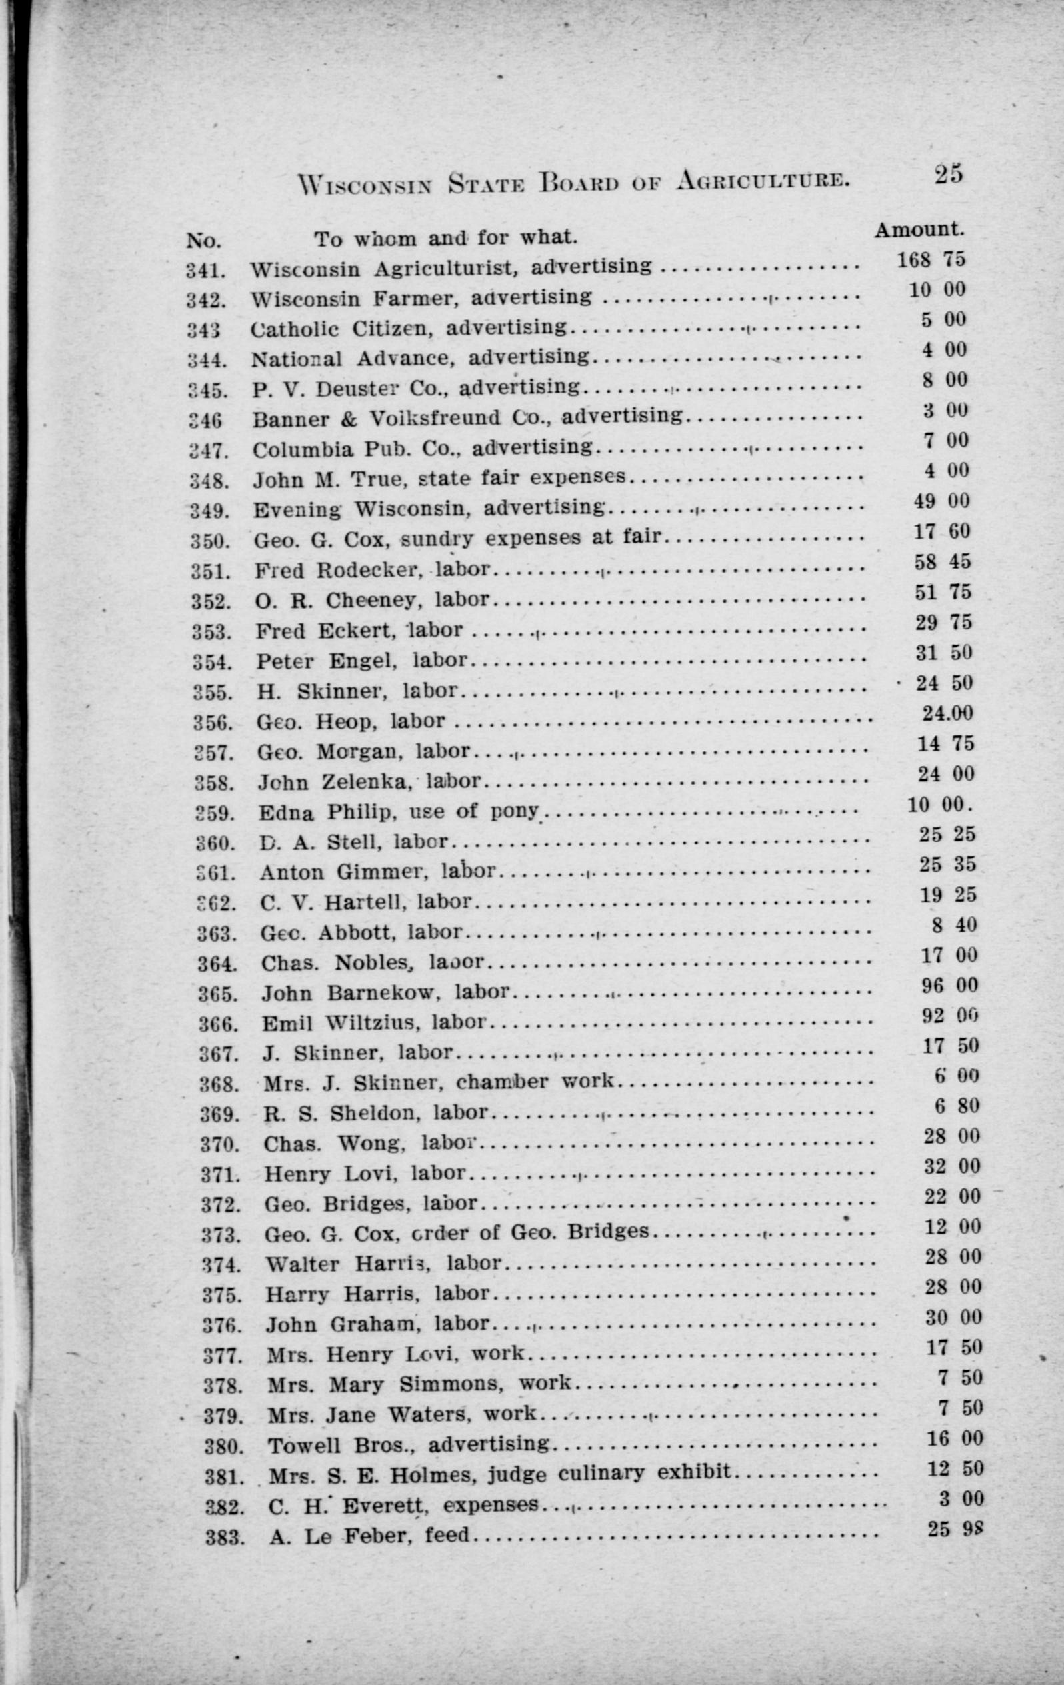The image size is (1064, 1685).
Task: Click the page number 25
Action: tap(948, 173)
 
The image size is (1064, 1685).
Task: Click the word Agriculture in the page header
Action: tap(764, 182)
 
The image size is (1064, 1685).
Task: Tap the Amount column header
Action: tap(919, 229)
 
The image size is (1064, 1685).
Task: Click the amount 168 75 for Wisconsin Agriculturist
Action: tap(931, 259)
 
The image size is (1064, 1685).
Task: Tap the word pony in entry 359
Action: tap(515, 811)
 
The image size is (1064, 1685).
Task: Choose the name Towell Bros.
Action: tap(343, 1445)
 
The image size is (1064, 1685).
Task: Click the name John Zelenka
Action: tap(333, 781)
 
